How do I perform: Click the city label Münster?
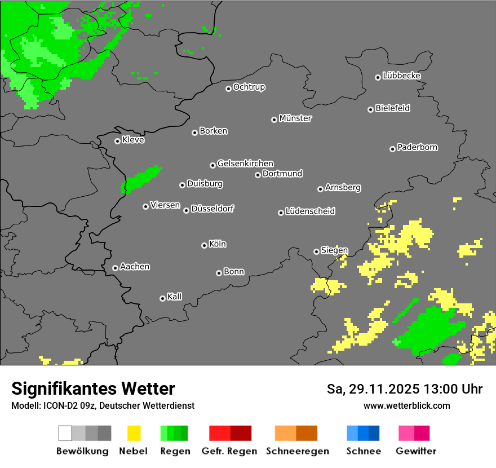tap(295, 118)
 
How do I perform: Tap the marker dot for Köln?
tap(204, 245)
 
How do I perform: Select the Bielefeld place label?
tap(392, 108)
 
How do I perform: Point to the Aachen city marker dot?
tap(115, 268)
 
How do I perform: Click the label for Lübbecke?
tap(401, 76)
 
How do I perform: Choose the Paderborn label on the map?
tap(417, 147)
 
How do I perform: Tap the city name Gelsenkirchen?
tap(245, 164)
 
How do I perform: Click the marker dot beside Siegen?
tap(316, 251)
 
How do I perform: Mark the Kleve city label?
tap(133, 140)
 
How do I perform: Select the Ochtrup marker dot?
tap(228, 88)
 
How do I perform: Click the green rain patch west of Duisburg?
tap(141, 179)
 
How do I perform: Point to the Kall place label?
tap(174, 297)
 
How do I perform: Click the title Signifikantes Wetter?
tap(93, 388)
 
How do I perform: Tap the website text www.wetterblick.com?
tap(406, 405)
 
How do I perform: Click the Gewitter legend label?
tap(415, 451)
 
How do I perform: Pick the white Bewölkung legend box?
tap(65, 433)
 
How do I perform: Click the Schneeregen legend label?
tap(297, 451)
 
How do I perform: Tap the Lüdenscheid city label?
tap(310, 211)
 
